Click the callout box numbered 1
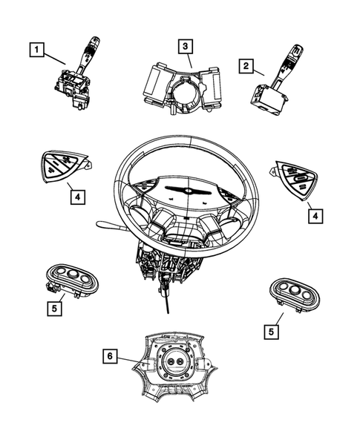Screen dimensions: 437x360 tap(36, 50)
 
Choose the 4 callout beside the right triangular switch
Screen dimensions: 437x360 tap(315, 216)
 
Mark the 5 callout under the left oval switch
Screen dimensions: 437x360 tap(55, 307)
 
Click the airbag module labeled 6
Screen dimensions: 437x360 tap(177, 366)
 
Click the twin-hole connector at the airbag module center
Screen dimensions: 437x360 tap(177, 363)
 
